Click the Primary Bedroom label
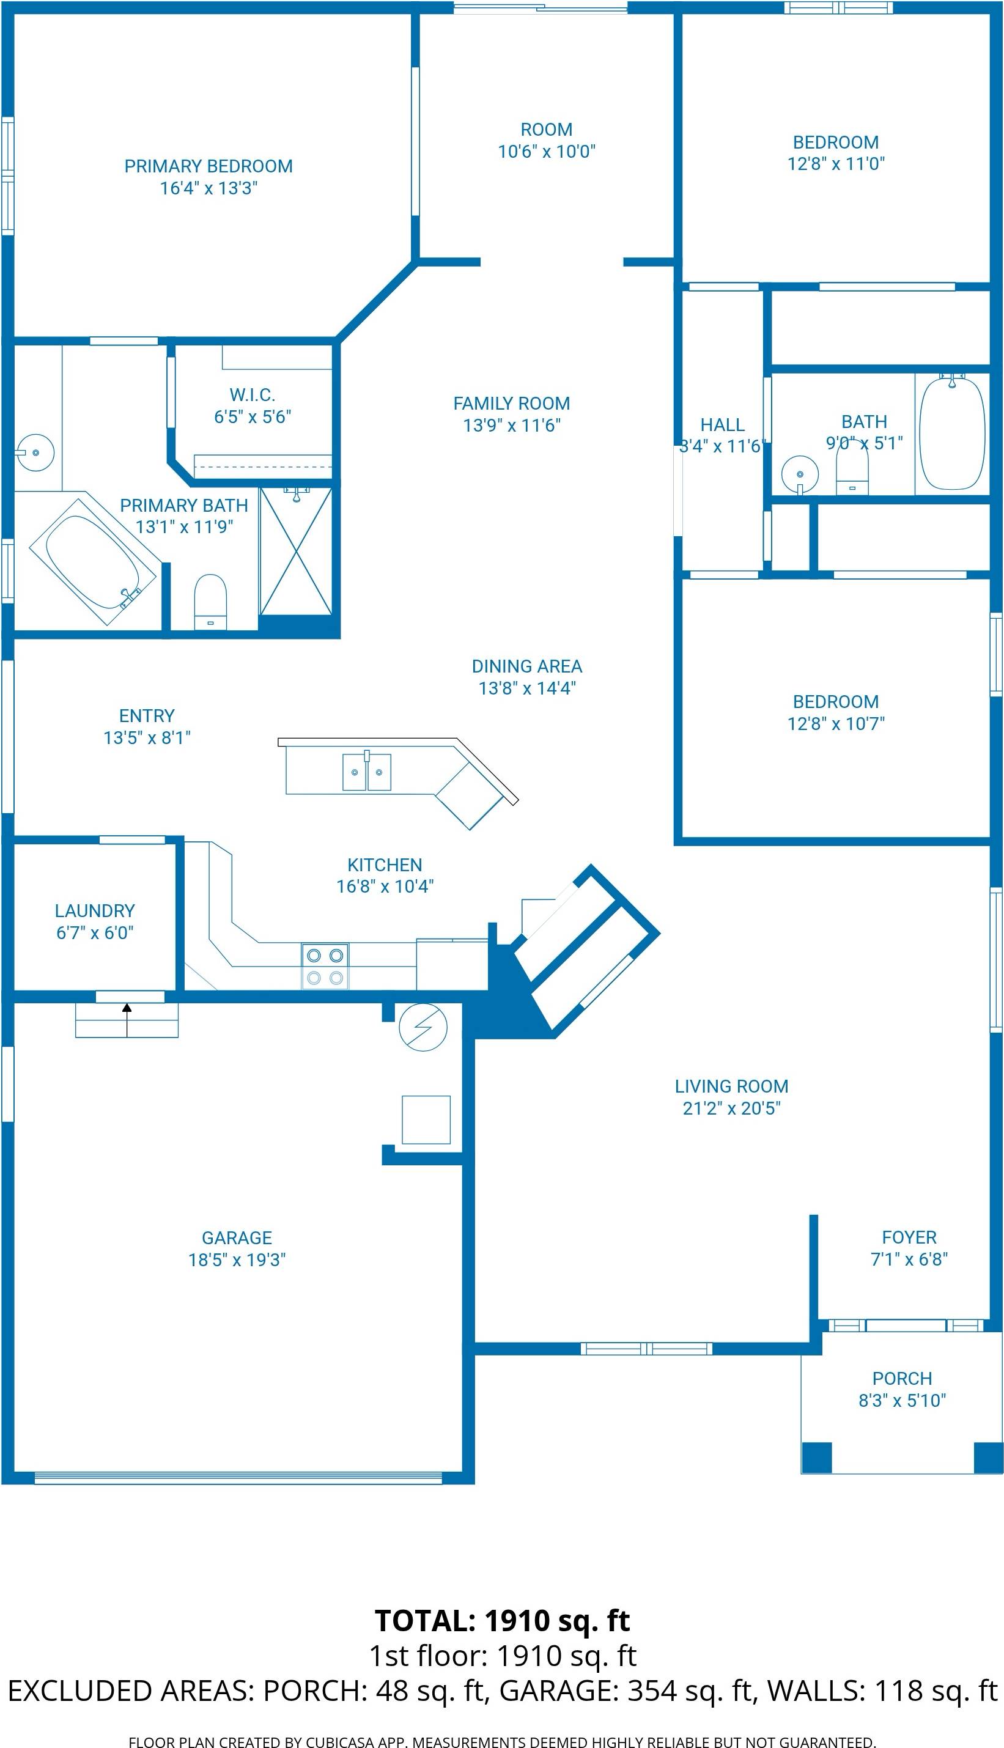(x=209, y=166)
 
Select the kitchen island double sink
(x=367, y=772)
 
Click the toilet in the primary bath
(x=210, y=601)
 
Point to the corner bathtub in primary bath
(x=94, y=562)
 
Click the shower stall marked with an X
(x=296, y=551)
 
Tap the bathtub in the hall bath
(x=952, y=433)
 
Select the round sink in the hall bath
(x=800, y=474)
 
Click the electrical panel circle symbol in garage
(x=423, y=1027)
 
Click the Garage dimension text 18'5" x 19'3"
(x=237, y=1259)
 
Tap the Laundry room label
(x=95, y=910)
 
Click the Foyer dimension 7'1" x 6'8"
(x=909, y=1259)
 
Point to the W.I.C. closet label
(x=253, y=395)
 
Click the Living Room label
(x=731, y=1086)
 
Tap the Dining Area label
(x=527, y=666)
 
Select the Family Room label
(x=512, y=404)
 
